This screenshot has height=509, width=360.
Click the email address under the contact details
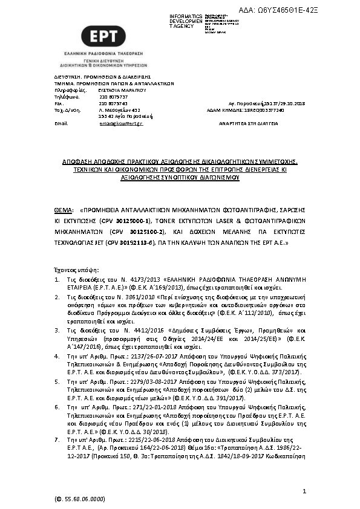click(121, 123)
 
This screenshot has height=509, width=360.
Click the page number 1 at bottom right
click(305, 491)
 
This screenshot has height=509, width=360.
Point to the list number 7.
click(57, 441)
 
